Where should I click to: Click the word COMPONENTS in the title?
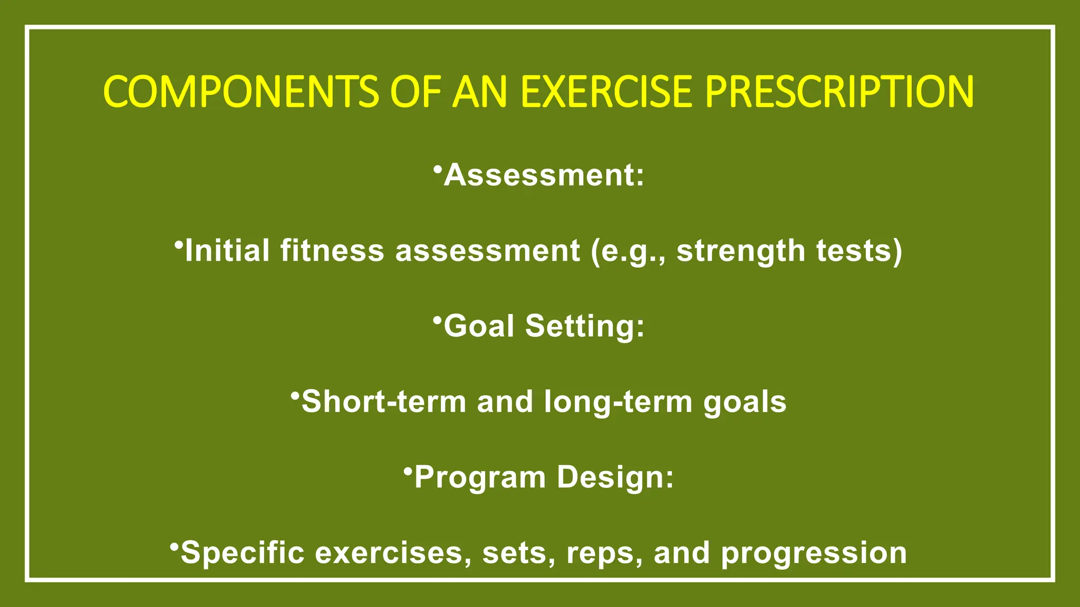240,92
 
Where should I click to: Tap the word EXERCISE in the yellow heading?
605,92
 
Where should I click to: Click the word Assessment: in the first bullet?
544,175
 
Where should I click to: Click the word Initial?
227,251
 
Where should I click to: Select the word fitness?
332,251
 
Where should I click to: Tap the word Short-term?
383,402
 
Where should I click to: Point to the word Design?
615,477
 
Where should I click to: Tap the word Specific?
242,554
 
